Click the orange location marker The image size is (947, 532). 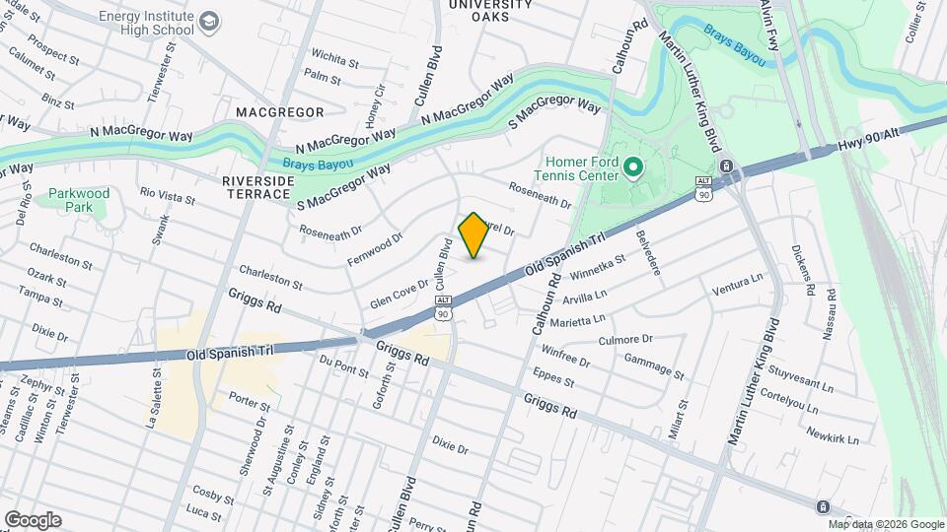[473, 236]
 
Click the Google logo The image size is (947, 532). [33, 520]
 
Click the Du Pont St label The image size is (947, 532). [343, 367]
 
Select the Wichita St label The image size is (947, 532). [333, 54]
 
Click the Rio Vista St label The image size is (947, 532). [168, 196]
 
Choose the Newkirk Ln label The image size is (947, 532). [832, 436]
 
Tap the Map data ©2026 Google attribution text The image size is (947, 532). [886, 524]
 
